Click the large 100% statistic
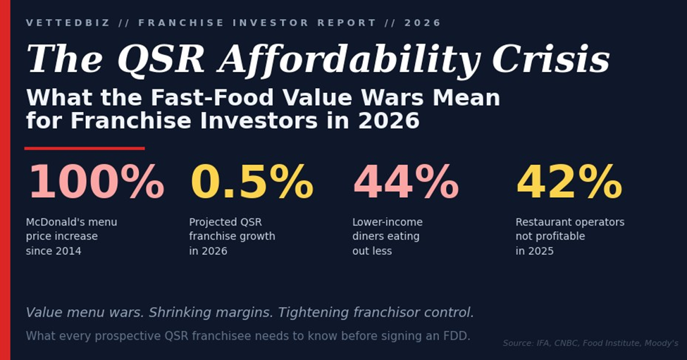(95, 183)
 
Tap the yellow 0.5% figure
(252, 183)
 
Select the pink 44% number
(405, 183)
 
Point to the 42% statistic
(569, 183)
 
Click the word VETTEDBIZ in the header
(68, 23)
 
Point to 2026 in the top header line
(423, 23)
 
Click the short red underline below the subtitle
(85, 149)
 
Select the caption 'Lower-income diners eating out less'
(387, 237)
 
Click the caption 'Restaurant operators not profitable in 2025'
(569, 237)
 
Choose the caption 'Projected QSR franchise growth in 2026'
(232, 237)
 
